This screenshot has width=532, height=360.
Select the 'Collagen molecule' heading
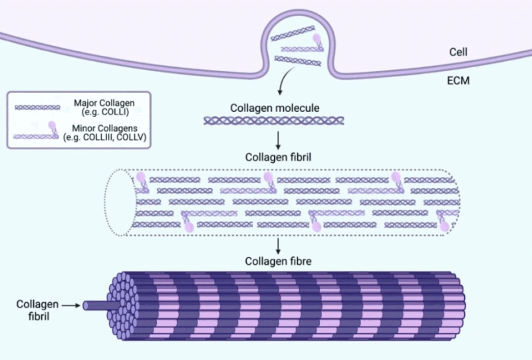(274, 108)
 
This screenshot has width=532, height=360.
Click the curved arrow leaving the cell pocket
(282, 83)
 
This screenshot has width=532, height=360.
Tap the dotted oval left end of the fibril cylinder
(120, 202)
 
